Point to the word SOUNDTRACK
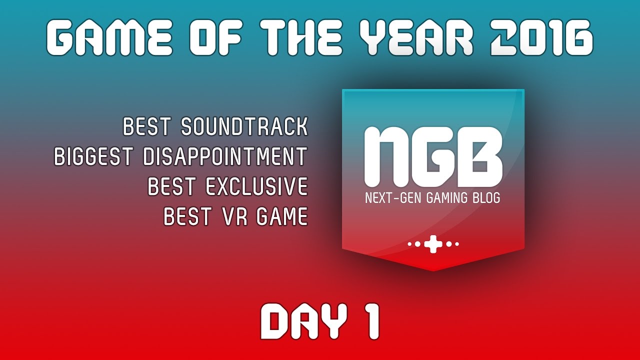[244, 127]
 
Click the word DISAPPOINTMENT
[224, 157]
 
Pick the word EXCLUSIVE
[256, 187]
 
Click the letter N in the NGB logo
[388, 156]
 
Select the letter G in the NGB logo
[434, 156]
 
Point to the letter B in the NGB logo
[479, 156]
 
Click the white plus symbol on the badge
[433, 244]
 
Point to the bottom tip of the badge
[433, 270]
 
